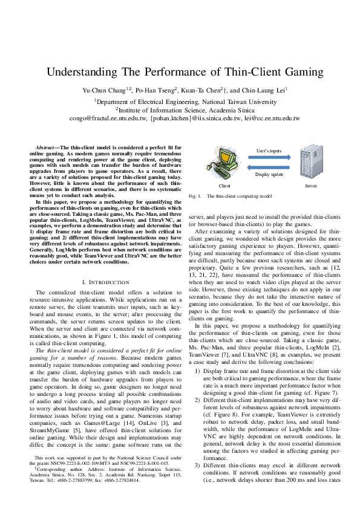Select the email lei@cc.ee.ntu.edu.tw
coord(272,119)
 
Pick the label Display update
coord(269,174)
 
